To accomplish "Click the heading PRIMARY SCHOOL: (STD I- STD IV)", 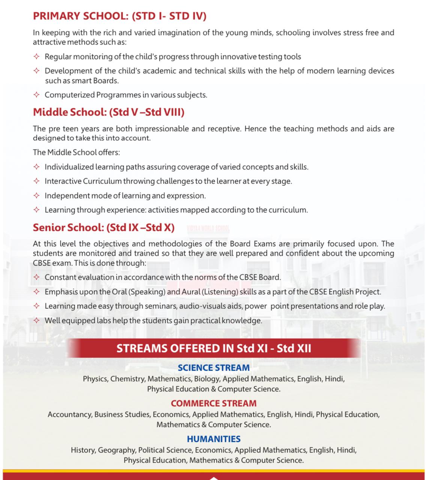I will pyautogui.click(x=120, y=16).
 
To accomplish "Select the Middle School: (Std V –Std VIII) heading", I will pyautogui.click(x=108, y=112).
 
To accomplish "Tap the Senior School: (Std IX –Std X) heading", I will pyautogui.click(x=104, y=228).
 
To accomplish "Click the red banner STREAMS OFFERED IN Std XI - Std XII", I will pyautogui.click(x=214, y=348).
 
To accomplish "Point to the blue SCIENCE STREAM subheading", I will pyautogui.click(x=214, y=368).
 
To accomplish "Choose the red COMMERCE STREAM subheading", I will pyautogui.click(x=214, y=403).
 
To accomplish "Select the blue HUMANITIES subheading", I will pyautogui.click(x=214, y=439).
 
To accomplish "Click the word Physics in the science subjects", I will pyautogui.click(x=95, y=379).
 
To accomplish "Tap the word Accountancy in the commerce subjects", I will pyautogui.click(x=70, y=414).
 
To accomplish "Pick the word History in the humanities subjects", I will pyautogui.click(x=83, y=450).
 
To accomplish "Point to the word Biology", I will pyautogui.click(x=207, y=379).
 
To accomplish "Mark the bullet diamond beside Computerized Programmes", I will pyautogui.click(x=36, y=95).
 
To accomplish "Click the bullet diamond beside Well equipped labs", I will pyautogui.click(x=36, y=321).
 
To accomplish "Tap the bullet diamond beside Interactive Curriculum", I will pyautogui.click(x=36, y=181).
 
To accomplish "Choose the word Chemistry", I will pyautogui.click(x=127, y=379).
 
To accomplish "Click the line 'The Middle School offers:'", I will pyautogui.click(x=76, y=152).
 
